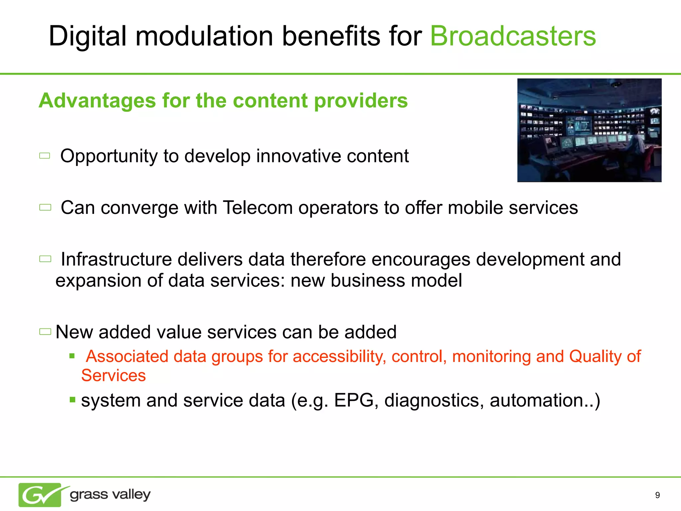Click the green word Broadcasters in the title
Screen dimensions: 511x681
(513, 36)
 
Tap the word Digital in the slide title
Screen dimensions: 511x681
(87, 37)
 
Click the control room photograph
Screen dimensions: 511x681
(589, 130)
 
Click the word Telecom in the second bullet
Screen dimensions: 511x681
(258, 208)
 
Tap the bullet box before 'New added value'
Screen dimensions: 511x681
(45, 332)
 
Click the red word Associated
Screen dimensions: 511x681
(127, 357)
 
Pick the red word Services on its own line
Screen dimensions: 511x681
(113, 376)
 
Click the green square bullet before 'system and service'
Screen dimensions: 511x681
(72, 399)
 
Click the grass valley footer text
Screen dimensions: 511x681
(110, 495)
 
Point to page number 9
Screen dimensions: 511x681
(657, 495)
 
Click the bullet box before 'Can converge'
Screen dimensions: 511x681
(45, 208)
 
